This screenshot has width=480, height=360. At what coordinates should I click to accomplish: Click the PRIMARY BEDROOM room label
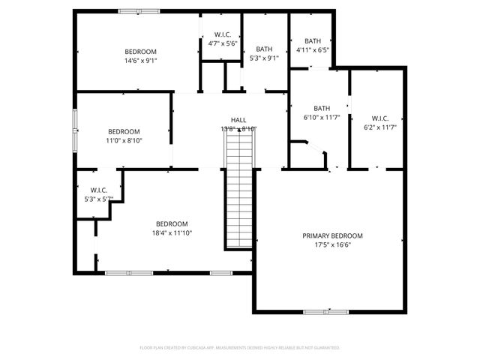[x=332, y=235]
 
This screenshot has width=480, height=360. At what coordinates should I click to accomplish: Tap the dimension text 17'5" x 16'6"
[x=332, y=244]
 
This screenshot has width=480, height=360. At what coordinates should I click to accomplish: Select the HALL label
[x=238, y=120]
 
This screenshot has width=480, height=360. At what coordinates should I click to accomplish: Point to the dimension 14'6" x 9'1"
[x=140, y=61]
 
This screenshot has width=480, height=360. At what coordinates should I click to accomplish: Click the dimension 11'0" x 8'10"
[x=124, y=139]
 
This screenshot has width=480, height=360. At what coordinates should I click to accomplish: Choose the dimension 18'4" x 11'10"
[x=172, y=233]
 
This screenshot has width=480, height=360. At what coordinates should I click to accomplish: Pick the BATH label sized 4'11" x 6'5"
[x=313, y=41]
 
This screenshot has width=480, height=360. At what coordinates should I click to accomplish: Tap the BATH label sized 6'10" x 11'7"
[x=322, y=108]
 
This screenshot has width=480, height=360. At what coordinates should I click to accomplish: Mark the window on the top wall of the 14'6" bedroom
[x=139, y=11]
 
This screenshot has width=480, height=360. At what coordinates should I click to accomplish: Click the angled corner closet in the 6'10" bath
[x=311, y=155]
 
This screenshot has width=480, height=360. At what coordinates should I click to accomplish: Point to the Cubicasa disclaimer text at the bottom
[x=240, y=347]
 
